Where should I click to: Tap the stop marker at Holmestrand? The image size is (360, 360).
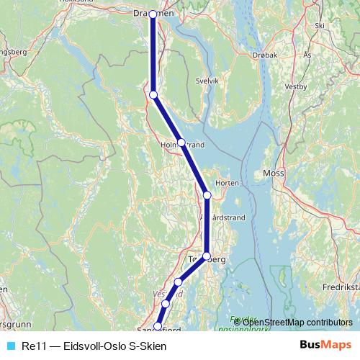coord(181,143)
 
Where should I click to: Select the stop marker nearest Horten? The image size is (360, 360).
coord(207,195)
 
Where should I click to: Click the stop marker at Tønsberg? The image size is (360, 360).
coord(207,256)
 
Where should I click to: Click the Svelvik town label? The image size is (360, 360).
coord(207,82)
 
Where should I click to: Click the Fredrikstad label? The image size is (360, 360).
coord(344,285)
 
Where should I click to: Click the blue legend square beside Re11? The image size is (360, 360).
coord(11,346)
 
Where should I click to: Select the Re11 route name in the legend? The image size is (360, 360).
coord(94,346)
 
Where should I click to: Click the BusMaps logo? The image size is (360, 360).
coord(325,346)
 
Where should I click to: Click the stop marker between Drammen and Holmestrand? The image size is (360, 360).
coord(153,94)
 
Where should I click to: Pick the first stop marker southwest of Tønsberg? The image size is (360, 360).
coord(178,282)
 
